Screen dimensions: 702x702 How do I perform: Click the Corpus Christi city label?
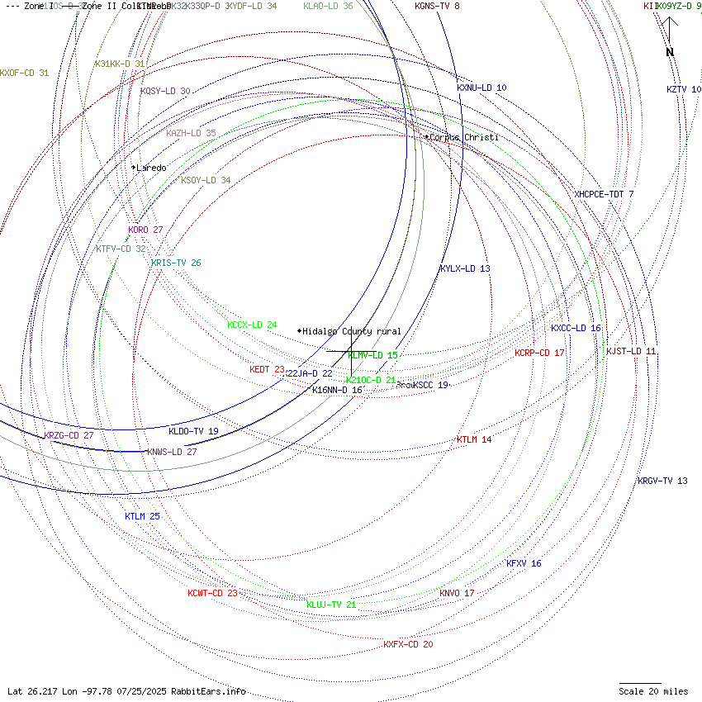(x=464, y=137)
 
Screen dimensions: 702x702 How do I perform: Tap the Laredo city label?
(x=151, y=168)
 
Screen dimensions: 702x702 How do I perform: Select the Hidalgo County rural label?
(x=352, y=331)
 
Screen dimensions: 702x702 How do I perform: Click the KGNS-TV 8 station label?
(x=437, y=6)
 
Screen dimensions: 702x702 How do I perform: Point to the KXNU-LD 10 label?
(x=481, y=88)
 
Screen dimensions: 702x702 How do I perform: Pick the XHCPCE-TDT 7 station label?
(x=604, y=194)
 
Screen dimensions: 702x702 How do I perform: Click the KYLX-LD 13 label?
(x=465, y=268)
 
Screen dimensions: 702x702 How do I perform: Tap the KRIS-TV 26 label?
(x=176, y=263)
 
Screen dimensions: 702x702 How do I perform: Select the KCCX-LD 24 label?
(x=252, y=325)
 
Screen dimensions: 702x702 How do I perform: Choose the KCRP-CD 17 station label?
(x=539, y=353)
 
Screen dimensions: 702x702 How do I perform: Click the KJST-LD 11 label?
(x=631, y=351)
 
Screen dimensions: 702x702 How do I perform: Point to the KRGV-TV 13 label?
(x=662, y=481)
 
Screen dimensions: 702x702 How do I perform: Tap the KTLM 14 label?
(x=474, y=439)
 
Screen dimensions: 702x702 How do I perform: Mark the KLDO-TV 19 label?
(x=193, y=431)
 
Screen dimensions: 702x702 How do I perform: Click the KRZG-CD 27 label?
(x=69, y=435)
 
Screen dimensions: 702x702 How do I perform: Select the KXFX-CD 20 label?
(x=408, y=644)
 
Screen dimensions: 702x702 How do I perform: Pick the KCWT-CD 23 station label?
(x=212, y=593)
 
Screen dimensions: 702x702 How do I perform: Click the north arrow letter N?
(x=670, y=53)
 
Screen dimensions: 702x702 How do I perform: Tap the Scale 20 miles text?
(x=653, y=691)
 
